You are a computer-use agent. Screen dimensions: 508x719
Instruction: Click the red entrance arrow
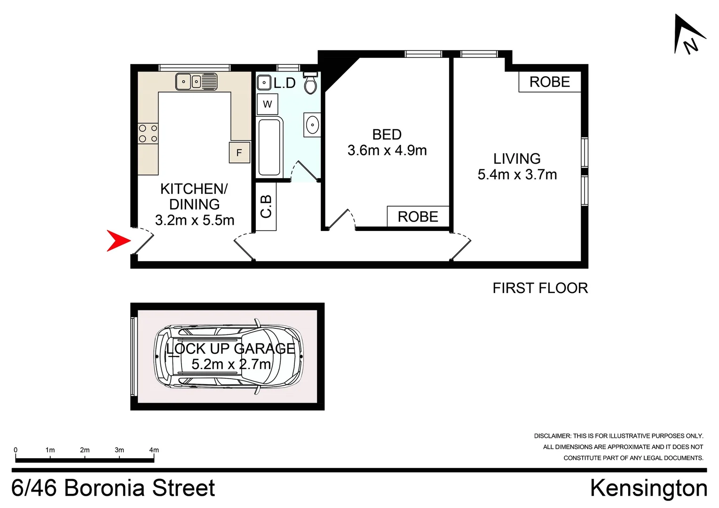click(x=118, y=240)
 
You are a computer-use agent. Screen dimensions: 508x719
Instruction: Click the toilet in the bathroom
click(x=310, y=83)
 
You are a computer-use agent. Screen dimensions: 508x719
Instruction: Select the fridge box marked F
click(x=239, y=152)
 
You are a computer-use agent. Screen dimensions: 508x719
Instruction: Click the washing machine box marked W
click(x=267, y=104)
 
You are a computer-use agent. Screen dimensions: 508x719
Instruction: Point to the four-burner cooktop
click(x=148, y=134)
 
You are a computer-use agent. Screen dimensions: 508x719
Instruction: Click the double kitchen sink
click(x=196, y=82)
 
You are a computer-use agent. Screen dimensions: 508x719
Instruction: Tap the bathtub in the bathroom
click(x=269, y=147)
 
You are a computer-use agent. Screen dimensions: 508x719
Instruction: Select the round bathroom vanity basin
click(x=312, y=125)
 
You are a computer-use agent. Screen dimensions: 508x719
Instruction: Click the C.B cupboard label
click(x=266, y=206)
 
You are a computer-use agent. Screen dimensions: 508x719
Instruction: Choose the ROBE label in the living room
click(x=549, y=82)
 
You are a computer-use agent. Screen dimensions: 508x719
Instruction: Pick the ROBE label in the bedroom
click(x=418, y=216)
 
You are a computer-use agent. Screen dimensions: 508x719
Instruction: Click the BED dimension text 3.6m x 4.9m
click(x=387, y=151)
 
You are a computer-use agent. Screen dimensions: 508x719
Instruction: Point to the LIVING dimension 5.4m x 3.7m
click(x=517, y=175)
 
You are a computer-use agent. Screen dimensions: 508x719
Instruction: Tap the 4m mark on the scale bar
click(x=154, y=450)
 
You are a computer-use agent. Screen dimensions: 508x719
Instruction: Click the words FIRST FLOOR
click(x=540, y=288)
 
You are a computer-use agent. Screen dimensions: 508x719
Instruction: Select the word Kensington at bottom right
click(x=648, y=488)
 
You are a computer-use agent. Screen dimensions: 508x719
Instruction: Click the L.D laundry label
click(x=284, y=83)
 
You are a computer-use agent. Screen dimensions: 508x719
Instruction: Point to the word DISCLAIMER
click(x=552, y=436)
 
